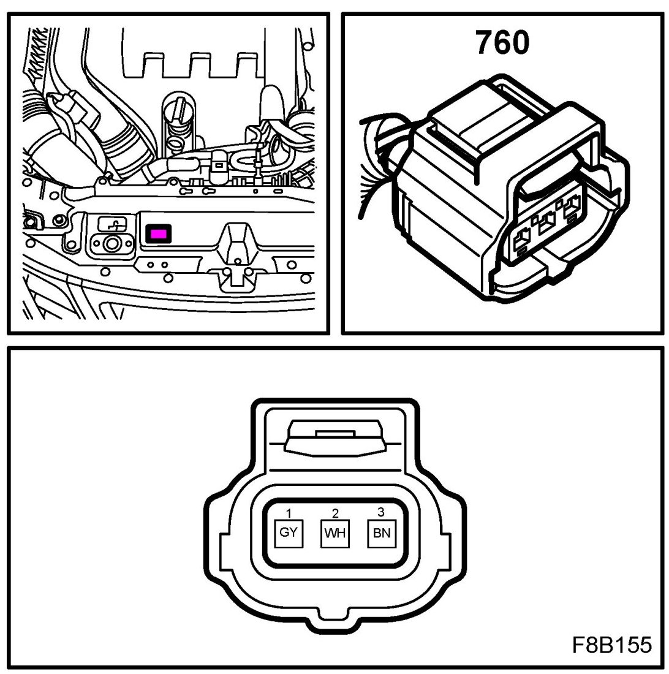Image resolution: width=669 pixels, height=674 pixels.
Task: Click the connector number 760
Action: (502, 42)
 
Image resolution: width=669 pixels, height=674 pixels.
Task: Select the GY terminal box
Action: (288, 532)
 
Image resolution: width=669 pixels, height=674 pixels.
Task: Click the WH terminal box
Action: (334, 532)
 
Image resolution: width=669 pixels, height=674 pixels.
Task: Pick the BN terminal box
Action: (381, 532)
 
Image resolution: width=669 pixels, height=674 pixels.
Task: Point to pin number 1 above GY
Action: (288, 512)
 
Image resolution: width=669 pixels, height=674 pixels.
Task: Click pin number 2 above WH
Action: (334, 512)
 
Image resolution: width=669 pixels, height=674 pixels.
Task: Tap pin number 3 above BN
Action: (381, 512)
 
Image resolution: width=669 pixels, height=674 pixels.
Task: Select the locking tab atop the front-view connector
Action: (334, 438)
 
